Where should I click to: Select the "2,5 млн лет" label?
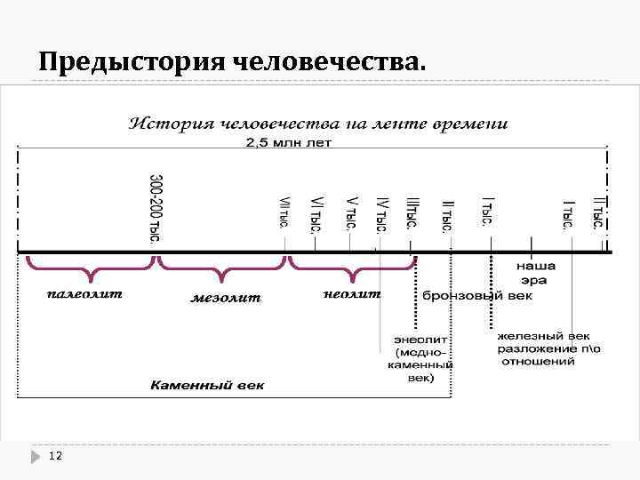[x=289, y=143]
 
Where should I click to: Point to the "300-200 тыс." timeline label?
[x=156, y=210]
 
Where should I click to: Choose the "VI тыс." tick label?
[x=316, y=214]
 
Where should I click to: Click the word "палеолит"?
[x=84, y=293]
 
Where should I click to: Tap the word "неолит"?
[x=352, y=293]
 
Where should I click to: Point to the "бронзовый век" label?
[x=477, y=295]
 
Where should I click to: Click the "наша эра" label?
[x=535, y=273]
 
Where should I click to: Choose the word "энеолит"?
[x=421, y=340]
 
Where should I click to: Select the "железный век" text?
[x=543, y=337]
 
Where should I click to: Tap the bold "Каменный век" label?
[x=207, y=386]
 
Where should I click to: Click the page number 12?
[x=55, y=456]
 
